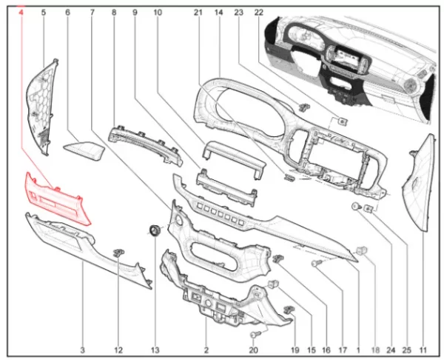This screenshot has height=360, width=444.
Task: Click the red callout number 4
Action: click(x=21, y=13)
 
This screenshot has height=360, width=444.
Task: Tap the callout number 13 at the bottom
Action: click(x=155, y=350)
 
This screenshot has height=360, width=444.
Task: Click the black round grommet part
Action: click(x=155, y=230)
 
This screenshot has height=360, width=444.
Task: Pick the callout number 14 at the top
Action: click(x=218, y=13)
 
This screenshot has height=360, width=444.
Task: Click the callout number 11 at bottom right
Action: click(x=423, y=350)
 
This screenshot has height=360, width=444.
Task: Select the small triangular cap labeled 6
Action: click(x=84, y=150)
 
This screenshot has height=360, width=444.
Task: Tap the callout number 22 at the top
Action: click(x=259, y=13)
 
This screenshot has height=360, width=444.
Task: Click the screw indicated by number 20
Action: click(x=254, y=335)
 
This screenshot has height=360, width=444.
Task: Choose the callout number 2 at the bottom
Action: click(x=206, y=350)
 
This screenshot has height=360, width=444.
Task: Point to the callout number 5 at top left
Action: click(x=44, y=13)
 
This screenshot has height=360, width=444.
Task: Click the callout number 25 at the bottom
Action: click(x=407, y=350)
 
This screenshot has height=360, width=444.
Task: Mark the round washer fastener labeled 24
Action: click(x=355, y=206)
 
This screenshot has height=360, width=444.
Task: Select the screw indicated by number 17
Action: click(x=315, y=264)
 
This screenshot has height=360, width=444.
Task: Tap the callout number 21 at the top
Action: click(x=198, y=13)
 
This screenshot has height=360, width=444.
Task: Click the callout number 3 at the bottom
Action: click(x=82, y=350)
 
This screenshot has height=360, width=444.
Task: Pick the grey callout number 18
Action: click(x=375, y=350)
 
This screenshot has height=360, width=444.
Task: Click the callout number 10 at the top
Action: click(x=158, y=13)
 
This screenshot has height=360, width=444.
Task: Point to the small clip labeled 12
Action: click(x=119, y=252)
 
